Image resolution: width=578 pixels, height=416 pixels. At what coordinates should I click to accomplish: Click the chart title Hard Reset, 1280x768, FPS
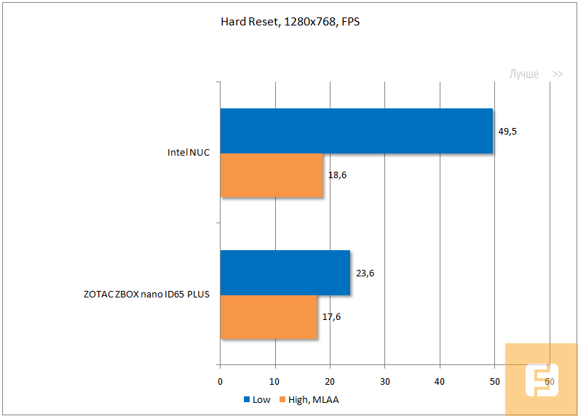click(290, 22)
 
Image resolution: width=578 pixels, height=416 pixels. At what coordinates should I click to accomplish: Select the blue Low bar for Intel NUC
click(356, 131)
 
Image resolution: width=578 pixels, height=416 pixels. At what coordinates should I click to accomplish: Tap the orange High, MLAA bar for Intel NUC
click(272, 175)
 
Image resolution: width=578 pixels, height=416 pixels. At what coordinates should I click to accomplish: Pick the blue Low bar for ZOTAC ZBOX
click(285, 273)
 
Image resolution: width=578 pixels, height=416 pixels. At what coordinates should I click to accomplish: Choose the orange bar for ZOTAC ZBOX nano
click(269, 316)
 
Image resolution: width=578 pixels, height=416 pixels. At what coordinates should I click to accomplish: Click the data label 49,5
click(507, 131)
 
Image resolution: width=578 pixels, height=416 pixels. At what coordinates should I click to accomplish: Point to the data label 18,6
click(337, 175)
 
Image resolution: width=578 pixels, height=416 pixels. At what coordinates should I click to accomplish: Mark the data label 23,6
click(365, 273)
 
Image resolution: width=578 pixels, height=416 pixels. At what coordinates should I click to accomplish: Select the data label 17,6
click(332, 316)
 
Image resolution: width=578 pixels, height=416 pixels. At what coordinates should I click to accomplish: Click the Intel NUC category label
click(188, 153)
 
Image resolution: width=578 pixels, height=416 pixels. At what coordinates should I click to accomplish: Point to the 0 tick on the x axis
click(221, 381)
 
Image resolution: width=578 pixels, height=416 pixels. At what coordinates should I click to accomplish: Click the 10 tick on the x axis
click(275, 381)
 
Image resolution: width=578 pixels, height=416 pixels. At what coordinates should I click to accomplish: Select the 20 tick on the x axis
click(330, 381)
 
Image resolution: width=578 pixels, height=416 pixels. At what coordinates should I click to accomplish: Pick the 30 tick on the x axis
click(385, 381)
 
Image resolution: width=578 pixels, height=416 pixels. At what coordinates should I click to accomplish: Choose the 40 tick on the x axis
click(440, 381)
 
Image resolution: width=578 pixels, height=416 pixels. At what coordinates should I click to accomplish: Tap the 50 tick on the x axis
click(494, 381)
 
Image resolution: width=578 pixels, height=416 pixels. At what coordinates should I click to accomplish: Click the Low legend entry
click(257, 399)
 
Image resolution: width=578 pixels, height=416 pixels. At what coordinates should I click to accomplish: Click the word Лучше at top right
click(524, 74)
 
